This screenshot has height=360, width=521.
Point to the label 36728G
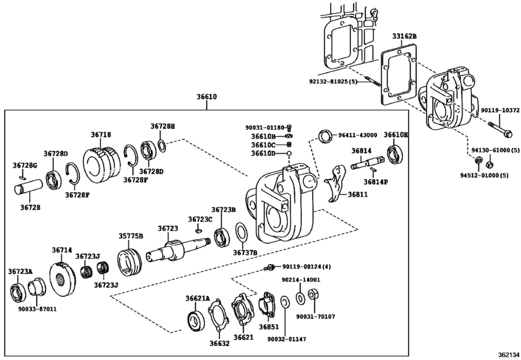25,166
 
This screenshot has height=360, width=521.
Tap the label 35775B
130,236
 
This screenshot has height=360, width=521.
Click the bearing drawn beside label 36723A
17,292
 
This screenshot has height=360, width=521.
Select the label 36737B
245,252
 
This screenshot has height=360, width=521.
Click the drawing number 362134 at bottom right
505,354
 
